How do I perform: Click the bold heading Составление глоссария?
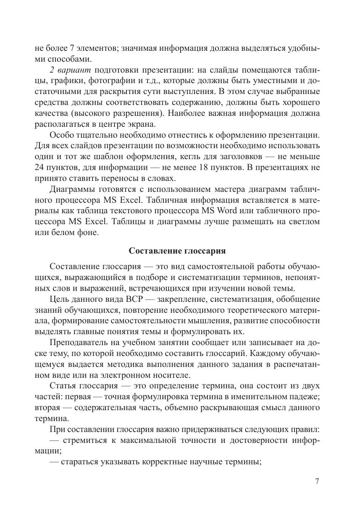click(x=177, y=251)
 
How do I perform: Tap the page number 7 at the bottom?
click(x=317, y=481)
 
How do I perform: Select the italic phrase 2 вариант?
click(x=69, y=70)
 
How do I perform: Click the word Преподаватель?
click(x=77, y=342)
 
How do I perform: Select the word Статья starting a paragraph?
click(x=61, y=386)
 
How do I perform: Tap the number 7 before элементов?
click(x=72, y=48)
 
